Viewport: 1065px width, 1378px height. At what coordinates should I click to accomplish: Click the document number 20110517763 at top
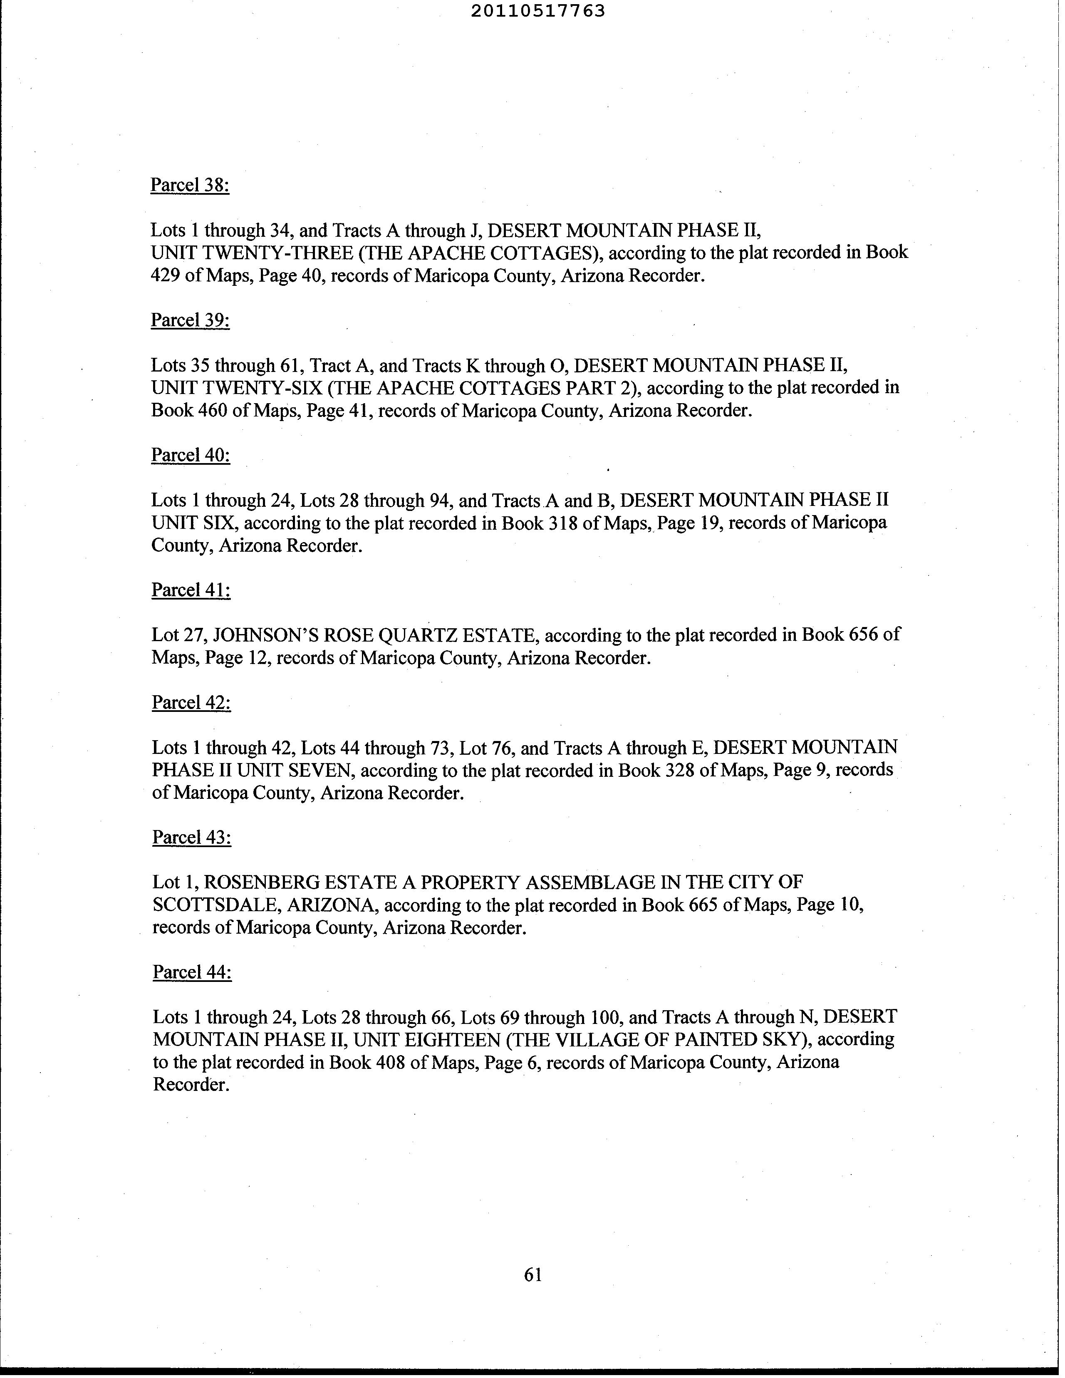pyautogui.click(x=537, y=11)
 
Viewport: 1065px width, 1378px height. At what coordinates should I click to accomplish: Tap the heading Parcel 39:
pyautogui.click(x=190, y=320)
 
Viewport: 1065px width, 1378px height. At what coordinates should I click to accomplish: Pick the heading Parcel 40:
pyautogui.click(x=191, y=455)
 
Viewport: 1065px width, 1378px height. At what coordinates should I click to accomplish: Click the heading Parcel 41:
pyautogui.click(x=191, y=590)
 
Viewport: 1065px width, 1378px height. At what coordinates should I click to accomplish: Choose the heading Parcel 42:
pyautogui.click(x=191, y=702)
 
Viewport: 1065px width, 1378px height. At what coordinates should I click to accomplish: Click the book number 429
pyautogui.click(x=165, y=276)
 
